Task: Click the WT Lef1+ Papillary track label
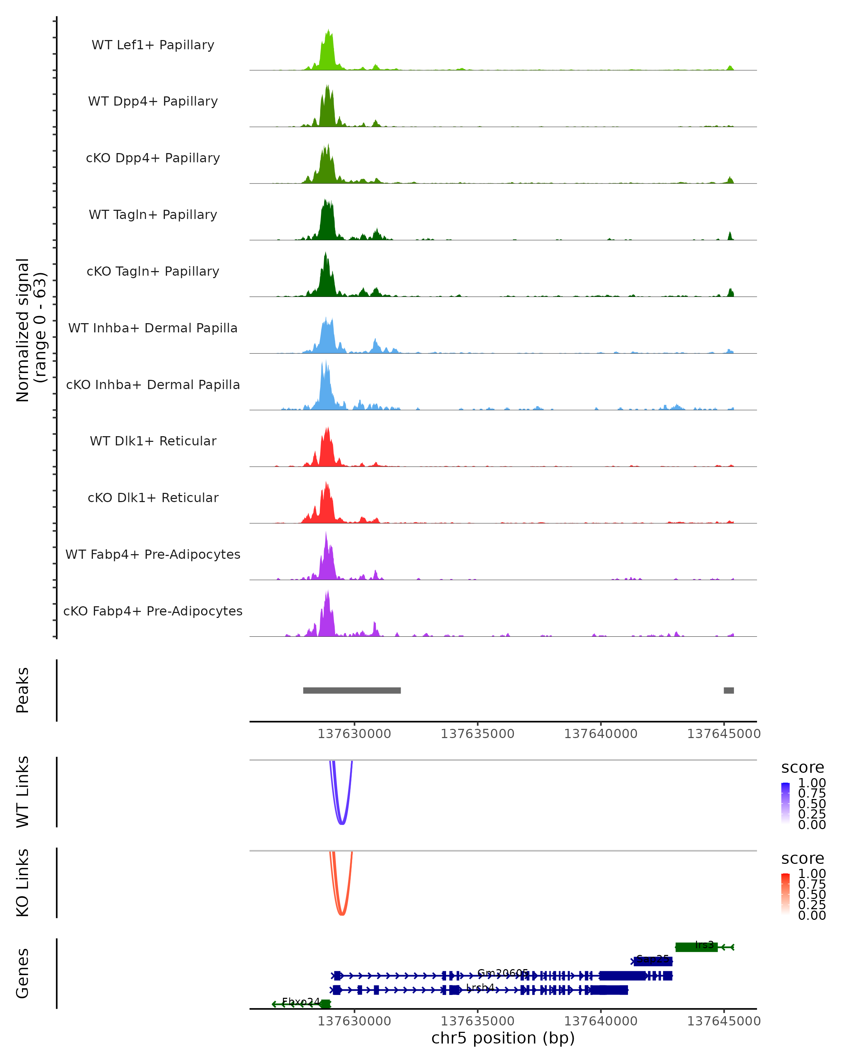153,45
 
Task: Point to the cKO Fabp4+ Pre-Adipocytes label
153,611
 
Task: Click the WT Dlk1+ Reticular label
153,441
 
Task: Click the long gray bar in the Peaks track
352,690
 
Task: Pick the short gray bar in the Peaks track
729,690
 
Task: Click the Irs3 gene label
704,945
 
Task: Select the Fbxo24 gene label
300,1001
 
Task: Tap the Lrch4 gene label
480,988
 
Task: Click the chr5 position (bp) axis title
503,1038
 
